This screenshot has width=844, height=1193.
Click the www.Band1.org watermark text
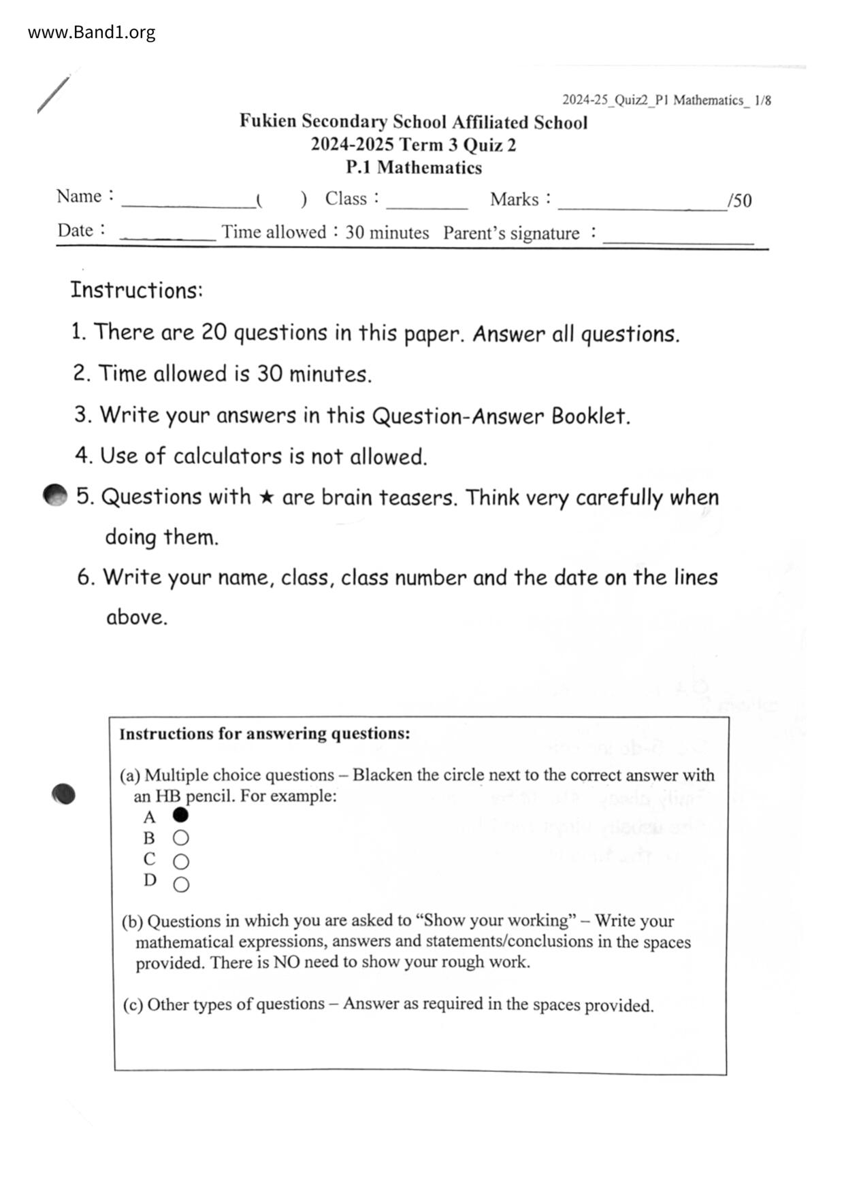coord(91,32)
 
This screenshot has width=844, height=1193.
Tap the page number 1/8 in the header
coord(762,101)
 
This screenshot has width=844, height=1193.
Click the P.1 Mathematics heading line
coord(413,167)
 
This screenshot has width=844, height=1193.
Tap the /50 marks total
coord(739,201)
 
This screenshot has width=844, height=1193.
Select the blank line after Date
coord(167,236)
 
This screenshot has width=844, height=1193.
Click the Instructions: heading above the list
coord(136,290)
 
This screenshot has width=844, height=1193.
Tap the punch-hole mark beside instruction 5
coord(55,496)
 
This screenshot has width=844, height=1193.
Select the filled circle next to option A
coord(180,815)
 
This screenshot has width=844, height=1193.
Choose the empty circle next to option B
coord(180,838)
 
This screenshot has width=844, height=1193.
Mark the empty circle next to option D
coord(180,884)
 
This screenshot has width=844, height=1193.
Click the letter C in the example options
coord(150,860)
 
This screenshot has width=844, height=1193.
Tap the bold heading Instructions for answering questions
coord(265,734)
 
